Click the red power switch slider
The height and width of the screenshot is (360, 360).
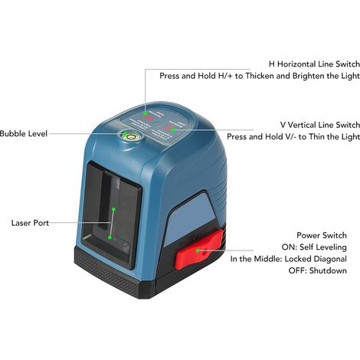click(198, 249)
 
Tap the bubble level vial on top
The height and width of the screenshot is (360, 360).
click(131, 136)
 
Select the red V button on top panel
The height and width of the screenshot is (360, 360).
click(168, 127)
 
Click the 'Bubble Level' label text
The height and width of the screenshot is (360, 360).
click(24, 133)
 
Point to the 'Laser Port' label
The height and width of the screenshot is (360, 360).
click(30, 223)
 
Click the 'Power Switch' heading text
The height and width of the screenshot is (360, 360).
click(322, 235)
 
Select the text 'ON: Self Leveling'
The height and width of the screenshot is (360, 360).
click(314, 247)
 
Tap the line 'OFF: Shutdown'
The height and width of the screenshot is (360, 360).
click(318, 270)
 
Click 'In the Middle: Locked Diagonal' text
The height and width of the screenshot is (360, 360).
click(289, 259)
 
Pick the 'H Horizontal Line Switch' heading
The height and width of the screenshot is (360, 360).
click(314, 64)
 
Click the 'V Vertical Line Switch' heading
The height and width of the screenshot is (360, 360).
click(320, 125)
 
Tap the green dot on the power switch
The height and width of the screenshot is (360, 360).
click(198, 250)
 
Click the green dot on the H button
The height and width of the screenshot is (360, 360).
click(145, 113)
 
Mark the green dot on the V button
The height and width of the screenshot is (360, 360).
click(173, 130)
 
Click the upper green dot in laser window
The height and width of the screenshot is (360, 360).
click(113, 209)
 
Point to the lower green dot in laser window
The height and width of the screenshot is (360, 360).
click(110, 237)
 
